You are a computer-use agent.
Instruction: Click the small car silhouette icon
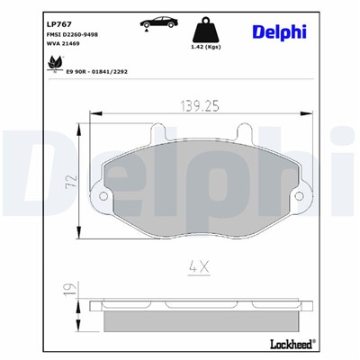pos(157,22)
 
